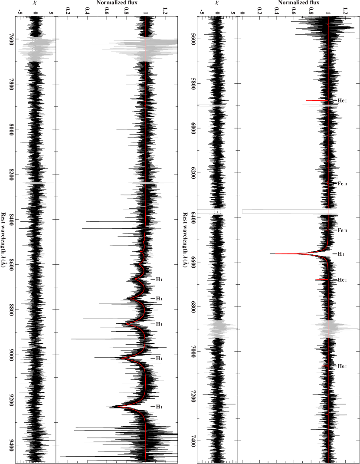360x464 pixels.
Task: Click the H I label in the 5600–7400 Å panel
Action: click(340, 253)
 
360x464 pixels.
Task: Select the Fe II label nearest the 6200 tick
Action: click(342, 184)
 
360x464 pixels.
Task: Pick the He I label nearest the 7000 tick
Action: click(342, 366)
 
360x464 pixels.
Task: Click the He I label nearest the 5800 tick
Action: click(342, 101)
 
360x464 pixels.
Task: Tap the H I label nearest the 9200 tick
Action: click(159, 407)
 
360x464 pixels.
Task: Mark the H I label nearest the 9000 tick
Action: click(159, 359)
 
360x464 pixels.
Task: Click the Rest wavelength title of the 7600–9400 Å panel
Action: click(3, 240)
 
